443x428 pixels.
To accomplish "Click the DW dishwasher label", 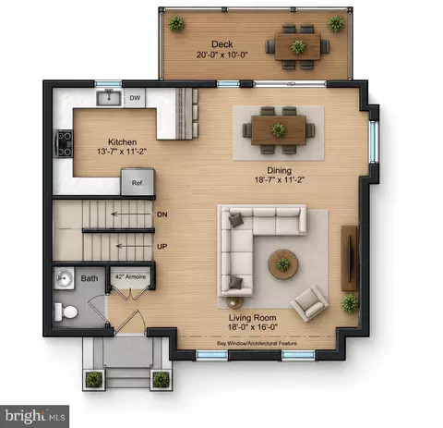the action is point(135,98).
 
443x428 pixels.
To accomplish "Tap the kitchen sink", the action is point(109,98).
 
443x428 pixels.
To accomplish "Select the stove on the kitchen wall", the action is point(64,144).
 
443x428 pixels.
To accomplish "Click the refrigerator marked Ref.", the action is point(138,181).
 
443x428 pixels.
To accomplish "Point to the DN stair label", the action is point(162,214).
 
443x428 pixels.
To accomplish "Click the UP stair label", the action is point(162,247).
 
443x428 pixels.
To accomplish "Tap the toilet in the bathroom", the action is point(66,312).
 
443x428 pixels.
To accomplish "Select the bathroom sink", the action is point(64,278).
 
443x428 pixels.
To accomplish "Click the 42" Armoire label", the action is point(130,276).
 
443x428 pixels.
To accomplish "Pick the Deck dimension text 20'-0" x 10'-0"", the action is point(222,55).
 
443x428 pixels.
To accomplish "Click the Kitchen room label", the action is point(123,142).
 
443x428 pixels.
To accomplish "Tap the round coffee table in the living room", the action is point(282,264).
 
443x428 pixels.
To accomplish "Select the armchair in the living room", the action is point(310,303).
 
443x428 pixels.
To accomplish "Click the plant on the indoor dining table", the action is point(278,130).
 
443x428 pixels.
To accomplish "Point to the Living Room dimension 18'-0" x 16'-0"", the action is point(253,327).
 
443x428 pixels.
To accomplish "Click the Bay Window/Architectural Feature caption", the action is point(257,343).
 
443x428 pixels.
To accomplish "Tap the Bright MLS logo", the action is point(34,416).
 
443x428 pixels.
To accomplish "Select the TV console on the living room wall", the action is point(350,258).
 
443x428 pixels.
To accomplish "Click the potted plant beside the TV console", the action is point(350,303).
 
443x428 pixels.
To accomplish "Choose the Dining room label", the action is point(279,170).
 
